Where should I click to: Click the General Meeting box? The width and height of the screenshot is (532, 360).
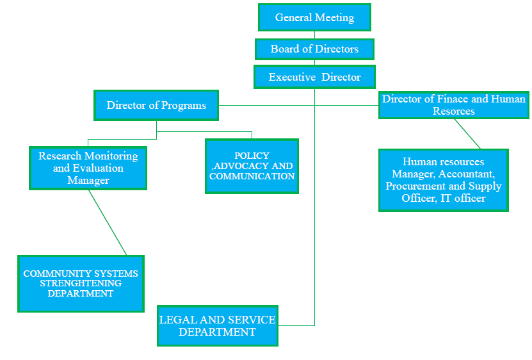click(314, 17)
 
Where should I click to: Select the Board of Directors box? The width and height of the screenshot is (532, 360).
click(314, 49)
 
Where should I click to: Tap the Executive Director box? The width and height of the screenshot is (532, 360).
click(314, 77)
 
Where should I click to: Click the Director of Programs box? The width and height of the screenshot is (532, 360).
click(156, 105)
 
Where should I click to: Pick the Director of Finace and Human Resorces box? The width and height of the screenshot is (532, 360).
click(453, 105)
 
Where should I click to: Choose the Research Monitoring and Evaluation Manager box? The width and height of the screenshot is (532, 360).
click(88, 168)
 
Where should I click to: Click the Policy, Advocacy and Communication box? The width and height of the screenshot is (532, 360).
click(252, 166)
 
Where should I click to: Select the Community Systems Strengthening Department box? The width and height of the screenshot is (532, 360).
click(81, 284)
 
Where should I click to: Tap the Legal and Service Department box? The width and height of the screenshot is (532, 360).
click(217, 325)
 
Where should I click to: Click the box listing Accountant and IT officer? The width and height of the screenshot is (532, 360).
click(443, 180)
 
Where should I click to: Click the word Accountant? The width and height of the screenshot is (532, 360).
click(466, 174)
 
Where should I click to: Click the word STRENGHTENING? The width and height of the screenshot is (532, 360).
click(81, 283)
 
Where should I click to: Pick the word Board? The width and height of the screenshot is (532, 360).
click(285, 49)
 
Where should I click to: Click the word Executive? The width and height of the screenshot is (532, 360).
click(292, 77)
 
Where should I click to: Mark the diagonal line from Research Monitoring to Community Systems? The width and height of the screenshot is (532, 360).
click(108, 222)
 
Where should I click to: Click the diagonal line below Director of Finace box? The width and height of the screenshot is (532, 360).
click(467, 134)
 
